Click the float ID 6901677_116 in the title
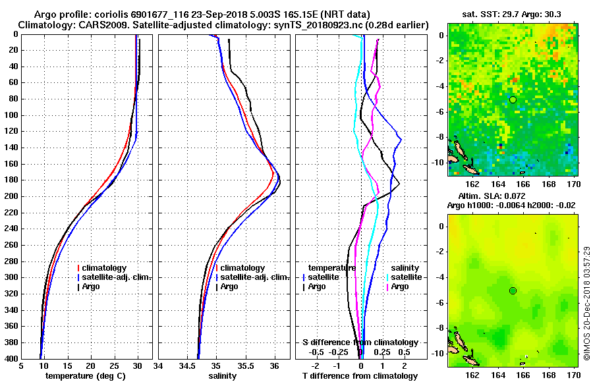[173, 13]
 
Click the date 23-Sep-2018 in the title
[236, 13]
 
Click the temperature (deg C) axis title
[86, 376]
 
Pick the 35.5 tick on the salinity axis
[245, 366]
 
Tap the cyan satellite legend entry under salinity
[403, 277]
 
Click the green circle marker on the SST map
[513, 99]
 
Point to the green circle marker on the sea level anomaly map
[513, 290]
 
